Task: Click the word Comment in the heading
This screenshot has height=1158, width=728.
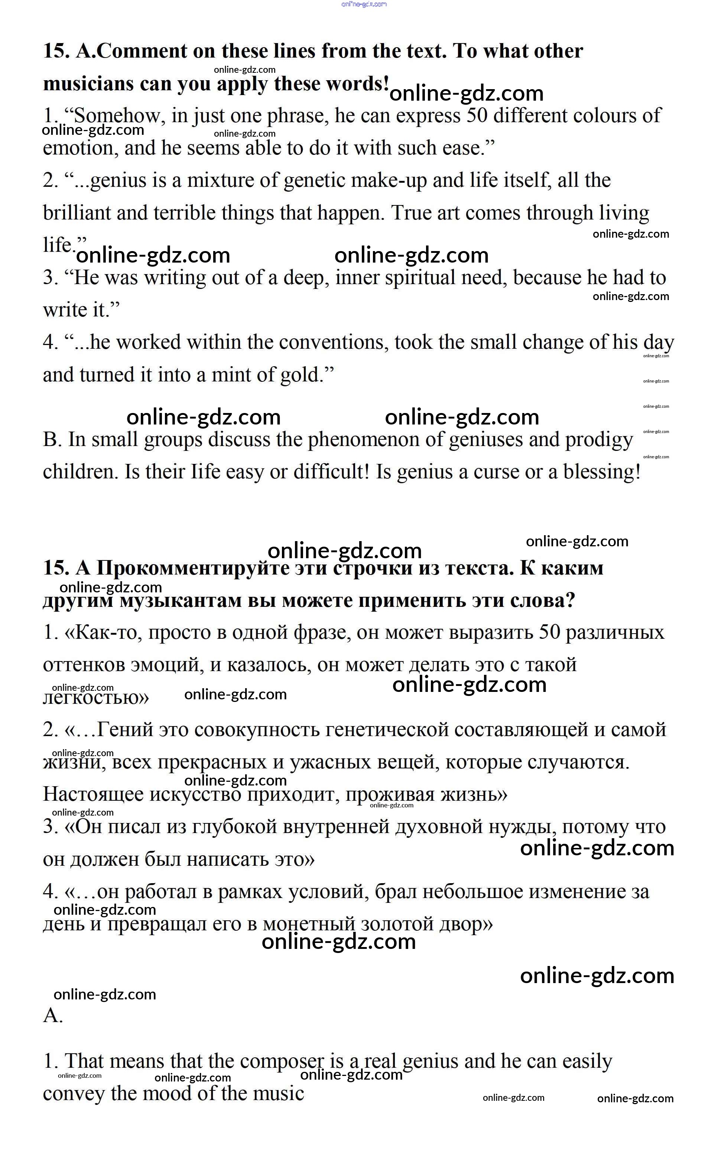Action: pos(142,51)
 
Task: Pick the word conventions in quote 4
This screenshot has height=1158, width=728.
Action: pos(332,342)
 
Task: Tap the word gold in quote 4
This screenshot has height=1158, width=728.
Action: pos(299,375)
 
